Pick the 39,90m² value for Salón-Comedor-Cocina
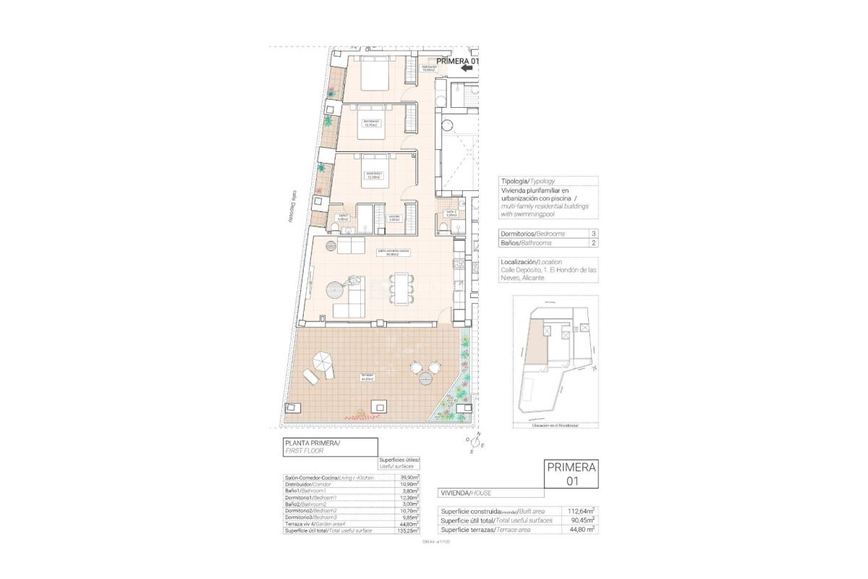point(410,478)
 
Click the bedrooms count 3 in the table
point(593,234)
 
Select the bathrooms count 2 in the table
point(593,243)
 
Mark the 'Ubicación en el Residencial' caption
point(555,426)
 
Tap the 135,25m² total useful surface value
point(409,531)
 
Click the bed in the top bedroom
point(375,75)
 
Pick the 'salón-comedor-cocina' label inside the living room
point(393,251)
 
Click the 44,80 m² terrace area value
point(582,530)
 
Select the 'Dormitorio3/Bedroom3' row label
point(311,517)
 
